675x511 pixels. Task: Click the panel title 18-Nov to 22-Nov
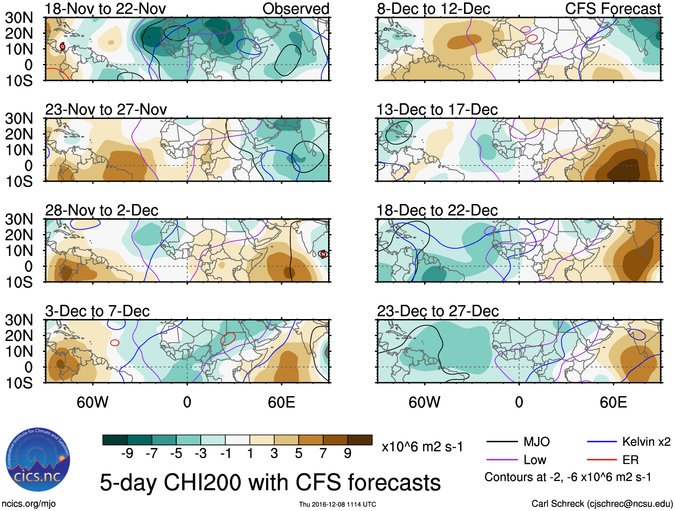click(x=105, y=9)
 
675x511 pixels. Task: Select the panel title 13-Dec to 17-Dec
click(x=437, y=110)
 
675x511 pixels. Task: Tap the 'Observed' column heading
click(x=295, y=9)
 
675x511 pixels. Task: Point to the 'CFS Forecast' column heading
click(x=612, y=9)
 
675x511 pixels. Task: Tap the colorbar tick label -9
click(x=127, y=454)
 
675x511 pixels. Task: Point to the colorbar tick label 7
click(x=323, y=454)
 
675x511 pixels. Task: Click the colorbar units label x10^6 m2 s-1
click(x=422, y=447)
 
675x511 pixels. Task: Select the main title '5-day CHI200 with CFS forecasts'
click(x=270, y=483)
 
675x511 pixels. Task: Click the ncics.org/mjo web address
click(x=29, y=504)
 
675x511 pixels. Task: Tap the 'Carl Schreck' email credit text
click(x=602, y=504)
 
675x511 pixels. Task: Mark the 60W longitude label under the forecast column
click(x=424, y=402)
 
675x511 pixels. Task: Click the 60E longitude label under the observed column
click(x=281, y=402)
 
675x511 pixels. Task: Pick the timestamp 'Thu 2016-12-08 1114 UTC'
click(x=337, y=504)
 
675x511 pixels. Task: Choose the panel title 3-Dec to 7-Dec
click(x=97, y=311)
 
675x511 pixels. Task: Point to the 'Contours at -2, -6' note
click(x=568, y=477)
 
